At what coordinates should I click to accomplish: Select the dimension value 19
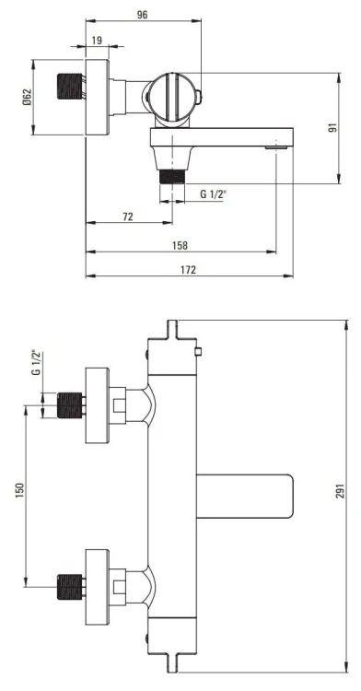[x=97, y=40]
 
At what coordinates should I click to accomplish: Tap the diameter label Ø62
[x=26, y=100]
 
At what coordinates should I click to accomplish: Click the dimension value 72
[x=127, y=216]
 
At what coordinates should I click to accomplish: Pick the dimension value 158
[x=180, y=245]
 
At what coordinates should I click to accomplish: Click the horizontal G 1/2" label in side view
[x=215, y=193]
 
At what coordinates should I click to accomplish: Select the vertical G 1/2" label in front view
[x=36, y=363]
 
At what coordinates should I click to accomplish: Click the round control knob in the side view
[x=173, y=98]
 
